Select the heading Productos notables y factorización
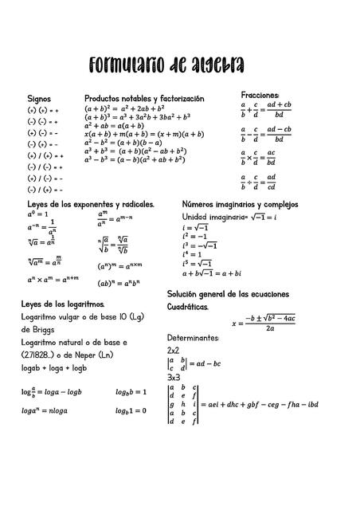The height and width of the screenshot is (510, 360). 144,98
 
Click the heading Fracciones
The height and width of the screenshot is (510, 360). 260,94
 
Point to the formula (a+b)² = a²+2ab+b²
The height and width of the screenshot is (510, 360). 124,108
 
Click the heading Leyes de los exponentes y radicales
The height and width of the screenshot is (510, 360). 91,205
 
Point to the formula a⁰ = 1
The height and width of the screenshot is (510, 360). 37,214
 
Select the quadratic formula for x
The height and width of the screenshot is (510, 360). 264,323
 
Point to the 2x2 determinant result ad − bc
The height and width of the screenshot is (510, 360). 212,363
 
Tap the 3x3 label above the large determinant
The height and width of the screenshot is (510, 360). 173,377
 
